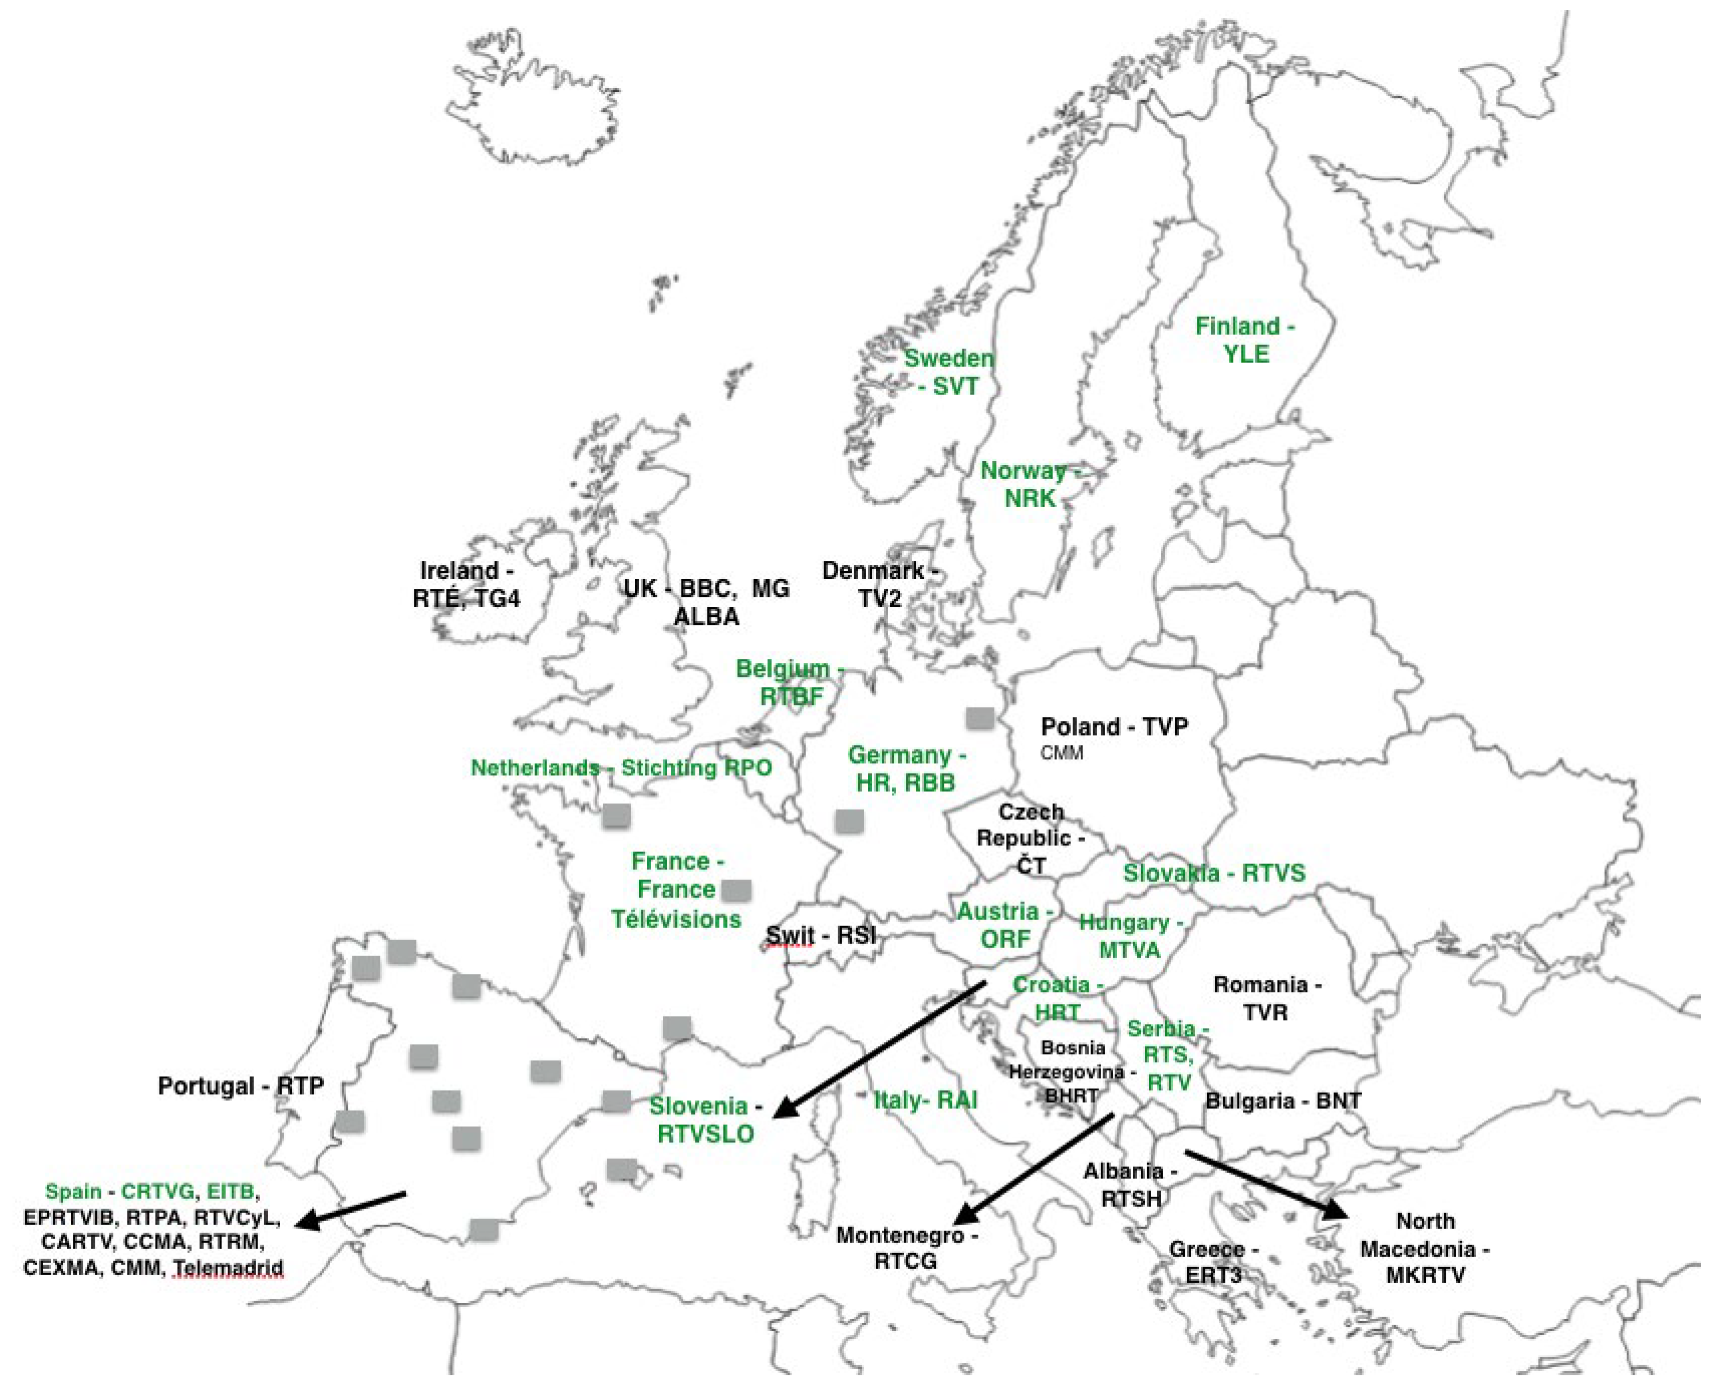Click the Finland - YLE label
1245,340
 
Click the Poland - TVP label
1114,727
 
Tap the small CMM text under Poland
1061,753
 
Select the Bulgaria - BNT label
1282,1101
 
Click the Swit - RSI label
820,935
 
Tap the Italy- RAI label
926,1100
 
